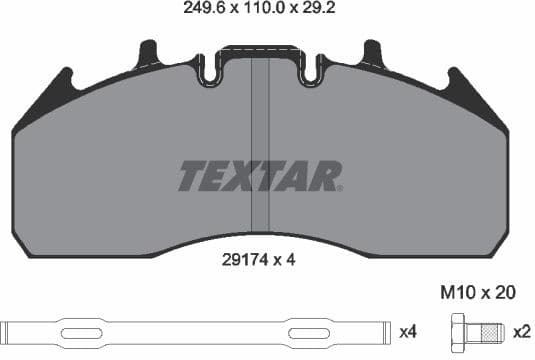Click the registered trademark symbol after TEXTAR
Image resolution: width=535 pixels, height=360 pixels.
[339, 188]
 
